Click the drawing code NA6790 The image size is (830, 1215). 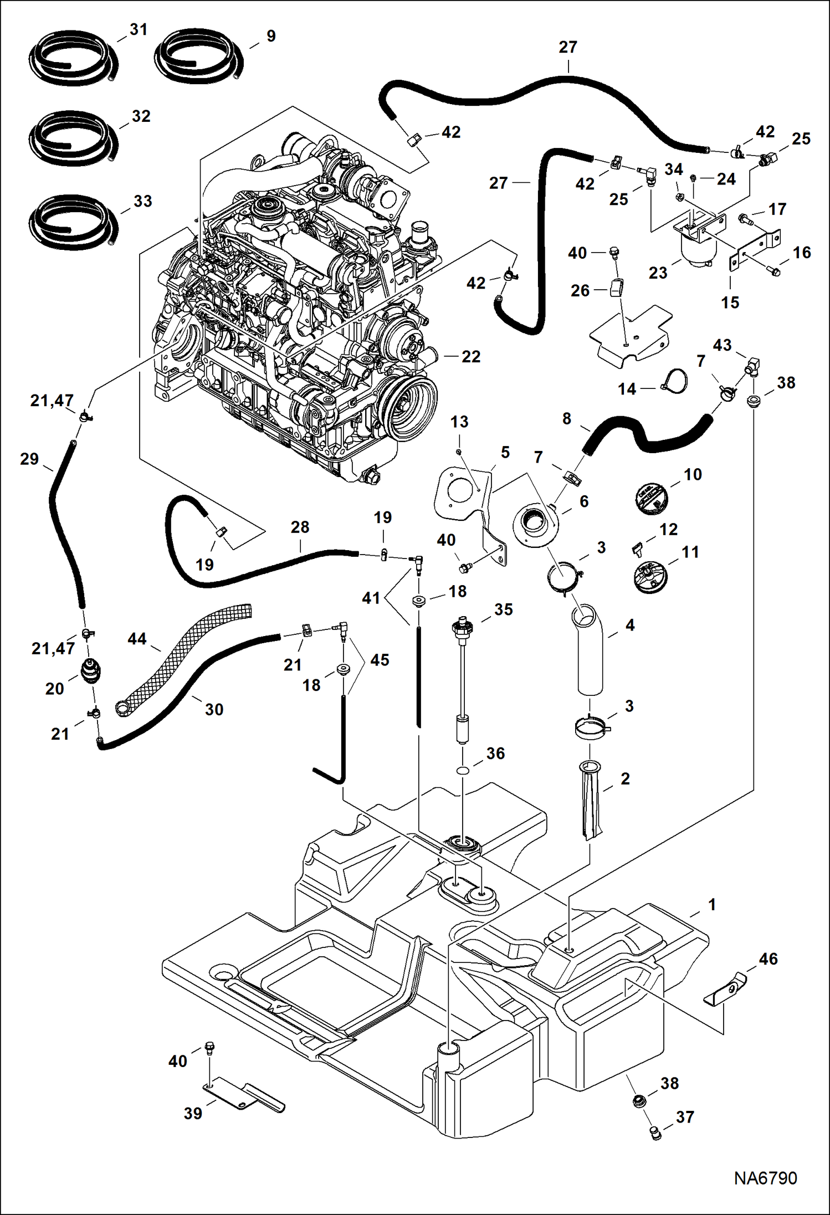(765, 1178)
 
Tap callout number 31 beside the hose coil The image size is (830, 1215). (139, 29)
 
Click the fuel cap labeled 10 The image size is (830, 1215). (651, 495)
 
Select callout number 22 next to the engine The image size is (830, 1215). (470, 356)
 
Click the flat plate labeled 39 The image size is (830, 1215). (244, 1096)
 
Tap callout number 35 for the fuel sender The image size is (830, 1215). (503, 609)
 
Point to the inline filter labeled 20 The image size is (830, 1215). (91, 671)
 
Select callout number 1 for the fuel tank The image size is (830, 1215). (712, 905)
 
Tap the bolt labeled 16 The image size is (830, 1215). (774, 271)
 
